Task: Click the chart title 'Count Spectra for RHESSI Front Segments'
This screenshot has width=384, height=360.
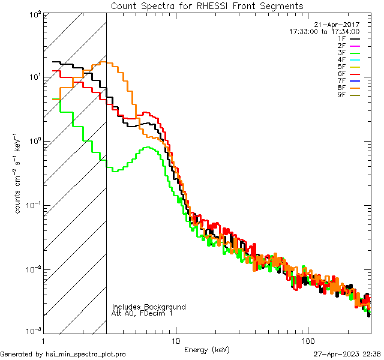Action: click(207, 6)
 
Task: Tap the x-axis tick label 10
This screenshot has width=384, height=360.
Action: click(175, 340)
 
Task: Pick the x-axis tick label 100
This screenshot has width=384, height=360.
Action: click(308, 340)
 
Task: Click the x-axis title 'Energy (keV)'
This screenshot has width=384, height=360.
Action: click(207, 350)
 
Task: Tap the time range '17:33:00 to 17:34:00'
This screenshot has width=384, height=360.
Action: click(325, 32)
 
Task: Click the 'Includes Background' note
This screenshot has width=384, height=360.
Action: click(149, 307)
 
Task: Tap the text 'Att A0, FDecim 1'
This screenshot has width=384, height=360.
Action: click(142, 314)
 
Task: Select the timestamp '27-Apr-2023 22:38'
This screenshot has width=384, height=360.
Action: click(346, 354)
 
